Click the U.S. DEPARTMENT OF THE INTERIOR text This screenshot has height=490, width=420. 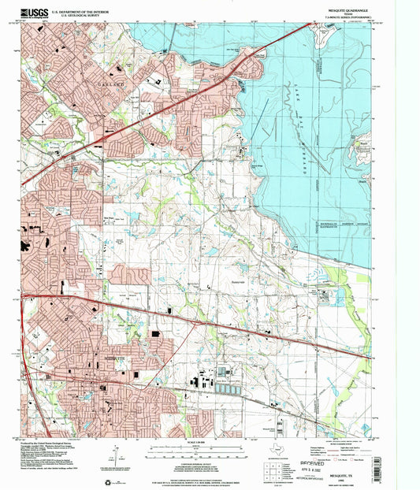tap(83, 10)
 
